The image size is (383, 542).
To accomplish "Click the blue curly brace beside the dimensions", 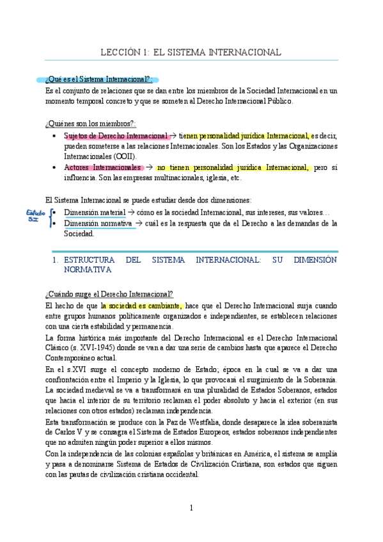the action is [x=51, y=218].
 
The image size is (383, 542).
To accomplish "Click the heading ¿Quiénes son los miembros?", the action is [x=91, y=123].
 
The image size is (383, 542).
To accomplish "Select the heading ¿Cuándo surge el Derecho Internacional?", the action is [x=109, y=294].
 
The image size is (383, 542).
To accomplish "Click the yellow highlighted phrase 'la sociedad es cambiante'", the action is [x=142, y=306].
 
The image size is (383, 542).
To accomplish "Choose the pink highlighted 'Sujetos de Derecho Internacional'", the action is [x=116, y=135].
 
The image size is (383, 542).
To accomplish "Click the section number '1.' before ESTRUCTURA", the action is [x=56, y=260].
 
